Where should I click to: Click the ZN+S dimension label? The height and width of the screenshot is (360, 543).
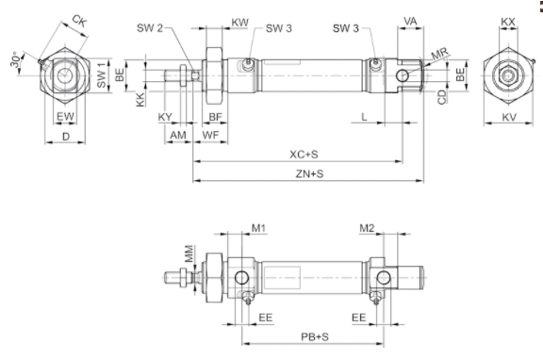309,173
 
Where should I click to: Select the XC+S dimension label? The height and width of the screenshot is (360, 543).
304,154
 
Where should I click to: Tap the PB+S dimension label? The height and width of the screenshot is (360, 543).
315,336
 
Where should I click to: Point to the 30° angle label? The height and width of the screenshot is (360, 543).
15,60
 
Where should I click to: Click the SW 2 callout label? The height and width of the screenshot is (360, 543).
150,27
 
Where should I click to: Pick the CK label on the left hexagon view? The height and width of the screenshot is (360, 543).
79,21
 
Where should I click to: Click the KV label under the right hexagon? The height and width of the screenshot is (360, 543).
509,117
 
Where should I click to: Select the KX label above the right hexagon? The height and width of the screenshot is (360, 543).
508,22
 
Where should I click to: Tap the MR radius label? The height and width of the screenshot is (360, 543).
440,54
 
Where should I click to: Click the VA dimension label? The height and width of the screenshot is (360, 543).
410,21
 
